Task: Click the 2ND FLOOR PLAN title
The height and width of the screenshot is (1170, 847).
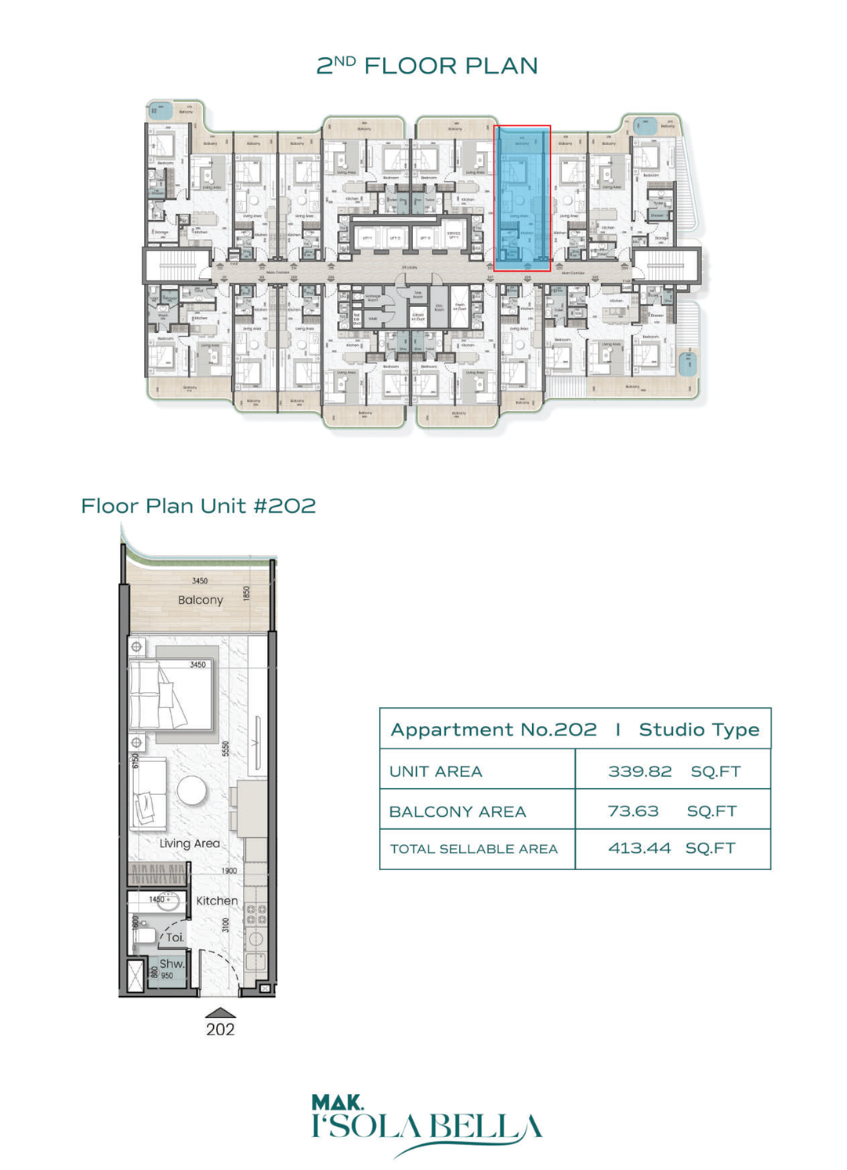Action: point(427,66)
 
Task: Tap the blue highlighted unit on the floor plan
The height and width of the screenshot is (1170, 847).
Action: point(522,198)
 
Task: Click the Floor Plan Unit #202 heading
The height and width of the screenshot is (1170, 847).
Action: point(198,506)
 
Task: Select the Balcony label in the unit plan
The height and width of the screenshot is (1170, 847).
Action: point(201,600)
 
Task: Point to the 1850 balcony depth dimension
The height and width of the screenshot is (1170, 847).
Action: point(247,594)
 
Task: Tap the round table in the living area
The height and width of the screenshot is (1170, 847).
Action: point(192,790)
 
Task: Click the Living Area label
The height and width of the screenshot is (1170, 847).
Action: point(190,843)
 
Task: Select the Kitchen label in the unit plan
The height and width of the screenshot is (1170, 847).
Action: point(217,901)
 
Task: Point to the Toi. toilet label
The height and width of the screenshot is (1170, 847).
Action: point(175,937)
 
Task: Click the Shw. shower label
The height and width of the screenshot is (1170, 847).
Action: point(172,963)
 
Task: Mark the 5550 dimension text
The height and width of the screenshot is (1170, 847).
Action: point(226,749)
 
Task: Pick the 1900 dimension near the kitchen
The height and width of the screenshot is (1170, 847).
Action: point(229,871)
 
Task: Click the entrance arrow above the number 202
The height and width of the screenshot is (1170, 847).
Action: point(220,1013)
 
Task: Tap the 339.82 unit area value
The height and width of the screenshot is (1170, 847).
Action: point(639,771)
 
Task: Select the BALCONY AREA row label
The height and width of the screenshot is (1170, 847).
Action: point(458,812)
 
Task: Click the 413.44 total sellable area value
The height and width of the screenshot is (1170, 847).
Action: point(639,848)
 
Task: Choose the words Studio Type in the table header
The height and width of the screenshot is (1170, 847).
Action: point(699,730)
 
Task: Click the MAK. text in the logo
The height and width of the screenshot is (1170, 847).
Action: point(338,1103)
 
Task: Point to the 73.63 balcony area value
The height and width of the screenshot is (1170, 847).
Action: point(633,811)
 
